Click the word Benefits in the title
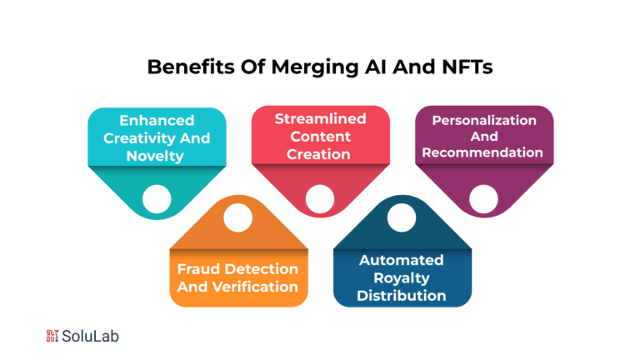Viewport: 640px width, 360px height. coord(191,67)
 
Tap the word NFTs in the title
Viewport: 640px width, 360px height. coord(467,67)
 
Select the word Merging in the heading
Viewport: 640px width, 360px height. coord(315,67)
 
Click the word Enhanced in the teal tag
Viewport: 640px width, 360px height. coord(157,120)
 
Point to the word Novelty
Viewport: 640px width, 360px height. coord(155,157)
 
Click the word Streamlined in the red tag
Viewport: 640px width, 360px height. coord(320,119)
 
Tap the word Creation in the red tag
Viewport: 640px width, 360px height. coord(318,154)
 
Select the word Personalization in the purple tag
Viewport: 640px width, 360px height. coord(484,120)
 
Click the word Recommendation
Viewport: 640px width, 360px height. coord(482,152)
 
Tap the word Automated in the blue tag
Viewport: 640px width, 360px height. coord(401,260)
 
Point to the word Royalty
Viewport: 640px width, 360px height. coord(402,278)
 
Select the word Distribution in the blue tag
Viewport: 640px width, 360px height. coord(401,296)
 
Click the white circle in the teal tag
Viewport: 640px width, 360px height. coord(157,199)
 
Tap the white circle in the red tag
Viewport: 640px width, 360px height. coord(320,199)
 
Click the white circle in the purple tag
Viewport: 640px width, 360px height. coord(483,199)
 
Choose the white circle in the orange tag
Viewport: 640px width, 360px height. coord(238,217)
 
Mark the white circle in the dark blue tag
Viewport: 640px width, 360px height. coord(402,217)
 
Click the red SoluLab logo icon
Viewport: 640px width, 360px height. coord(52,336)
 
